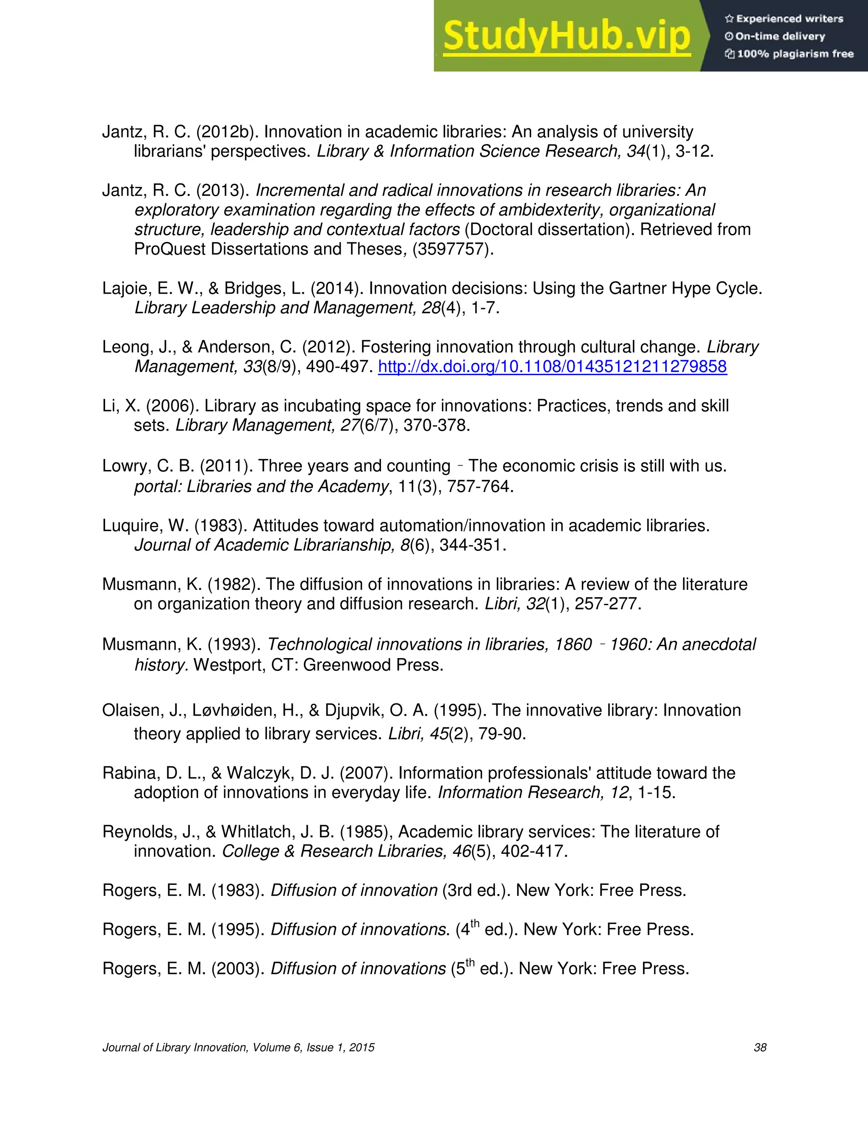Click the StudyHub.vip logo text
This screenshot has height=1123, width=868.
click(566, 36)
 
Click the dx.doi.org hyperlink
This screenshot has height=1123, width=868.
click(552, 367)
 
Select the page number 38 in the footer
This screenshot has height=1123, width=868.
click(759, 1048)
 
